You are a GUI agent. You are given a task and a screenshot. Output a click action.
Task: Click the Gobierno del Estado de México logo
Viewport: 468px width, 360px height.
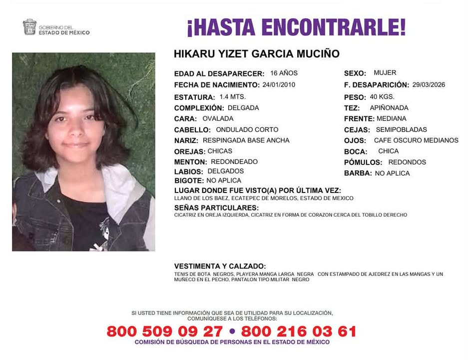(x=56, y=27)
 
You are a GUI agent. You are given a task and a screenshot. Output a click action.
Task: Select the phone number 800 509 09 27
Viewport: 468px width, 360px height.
(x=164, y=331)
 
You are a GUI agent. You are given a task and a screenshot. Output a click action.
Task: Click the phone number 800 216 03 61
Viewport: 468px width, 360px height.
(x=299, y=331)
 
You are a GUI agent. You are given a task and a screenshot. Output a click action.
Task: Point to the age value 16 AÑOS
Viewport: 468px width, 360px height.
(x=284, y=73)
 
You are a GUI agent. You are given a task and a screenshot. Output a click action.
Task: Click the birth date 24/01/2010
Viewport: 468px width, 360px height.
(x=279, y=84)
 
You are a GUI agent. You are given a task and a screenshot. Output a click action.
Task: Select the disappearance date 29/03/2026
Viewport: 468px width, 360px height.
(x=429, y=85)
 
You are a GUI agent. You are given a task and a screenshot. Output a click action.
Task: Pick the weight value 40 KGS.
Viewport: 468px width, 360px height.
(x=383, y=97)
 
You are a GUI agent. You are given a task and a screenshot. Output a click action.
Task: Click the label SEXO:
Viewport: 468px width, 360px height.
(x=355, y=73)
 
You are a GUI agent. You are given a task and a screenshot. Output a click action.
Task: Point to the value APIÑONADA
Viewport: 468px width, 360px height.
(x=389, y=107)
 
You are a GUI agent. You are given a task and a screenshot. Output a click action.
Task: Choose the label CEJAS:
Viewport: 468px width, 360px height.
(x=357, y=130)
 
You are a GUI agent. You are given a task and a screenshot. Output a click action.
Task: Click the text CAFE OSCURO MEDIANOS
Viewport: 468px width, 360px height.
(x=416, y=140)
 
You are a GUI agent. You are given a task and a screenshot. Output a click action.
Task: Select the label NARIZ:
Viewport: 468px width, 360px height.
(x=186, y=140)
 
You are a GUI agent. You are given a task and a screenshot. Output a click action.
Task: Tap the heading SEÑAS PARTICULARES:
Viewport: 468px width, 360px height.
(x=216, y=207)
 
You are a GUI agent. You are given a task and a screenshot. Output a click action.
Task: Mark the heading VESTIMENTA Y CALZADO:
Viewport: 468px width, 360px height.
(x=220, y=266)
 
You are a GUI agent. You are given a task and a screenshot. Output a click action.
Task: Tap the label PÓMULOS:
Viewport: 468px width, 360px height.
(x=363, y=162)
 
